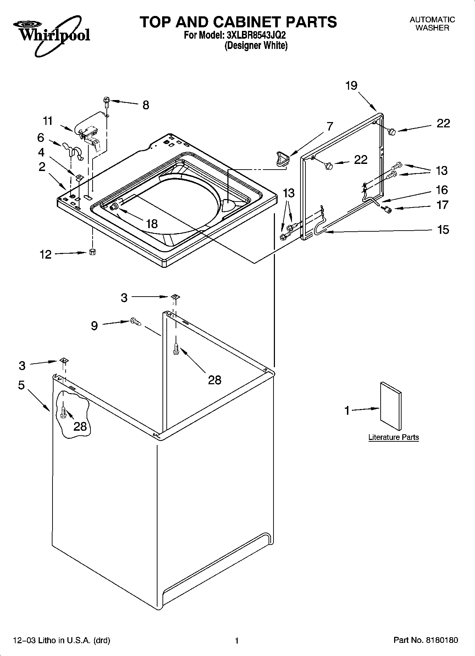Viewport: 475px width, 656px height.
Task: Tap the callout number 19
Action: click(x=351, y=86)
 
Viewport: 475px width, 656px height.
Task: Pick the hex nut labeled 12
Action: click(x=93, y=252)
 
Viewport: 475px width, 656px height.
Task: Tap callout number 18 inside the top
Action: click(x=151, y=224)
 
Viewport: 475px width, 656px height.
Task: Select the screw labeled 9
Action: click(x=136, y=321)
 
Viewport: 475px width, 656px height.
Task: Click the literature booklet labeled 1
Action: click(x=391, y=406)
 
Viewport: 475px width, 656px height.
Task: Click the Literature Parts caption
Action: click(x=393, y=437)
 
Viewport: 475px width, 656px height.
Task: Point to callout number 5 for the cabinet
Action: click(x=21, y=385)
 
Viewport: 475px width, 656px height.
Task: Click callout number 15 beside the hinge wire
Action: click(x=443, y=230)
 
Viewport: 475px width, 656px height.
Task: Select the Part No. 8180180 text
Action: click(x=426, y=640)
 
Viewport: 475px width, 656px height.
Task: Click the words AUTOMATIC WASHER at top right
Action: click(x=432, y=24)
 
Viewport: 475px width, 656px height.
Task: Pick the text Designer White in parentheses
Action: click(x=256, y=45)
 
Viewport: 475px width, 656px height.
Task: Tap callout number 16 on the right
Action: click(x=442, y=190)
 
